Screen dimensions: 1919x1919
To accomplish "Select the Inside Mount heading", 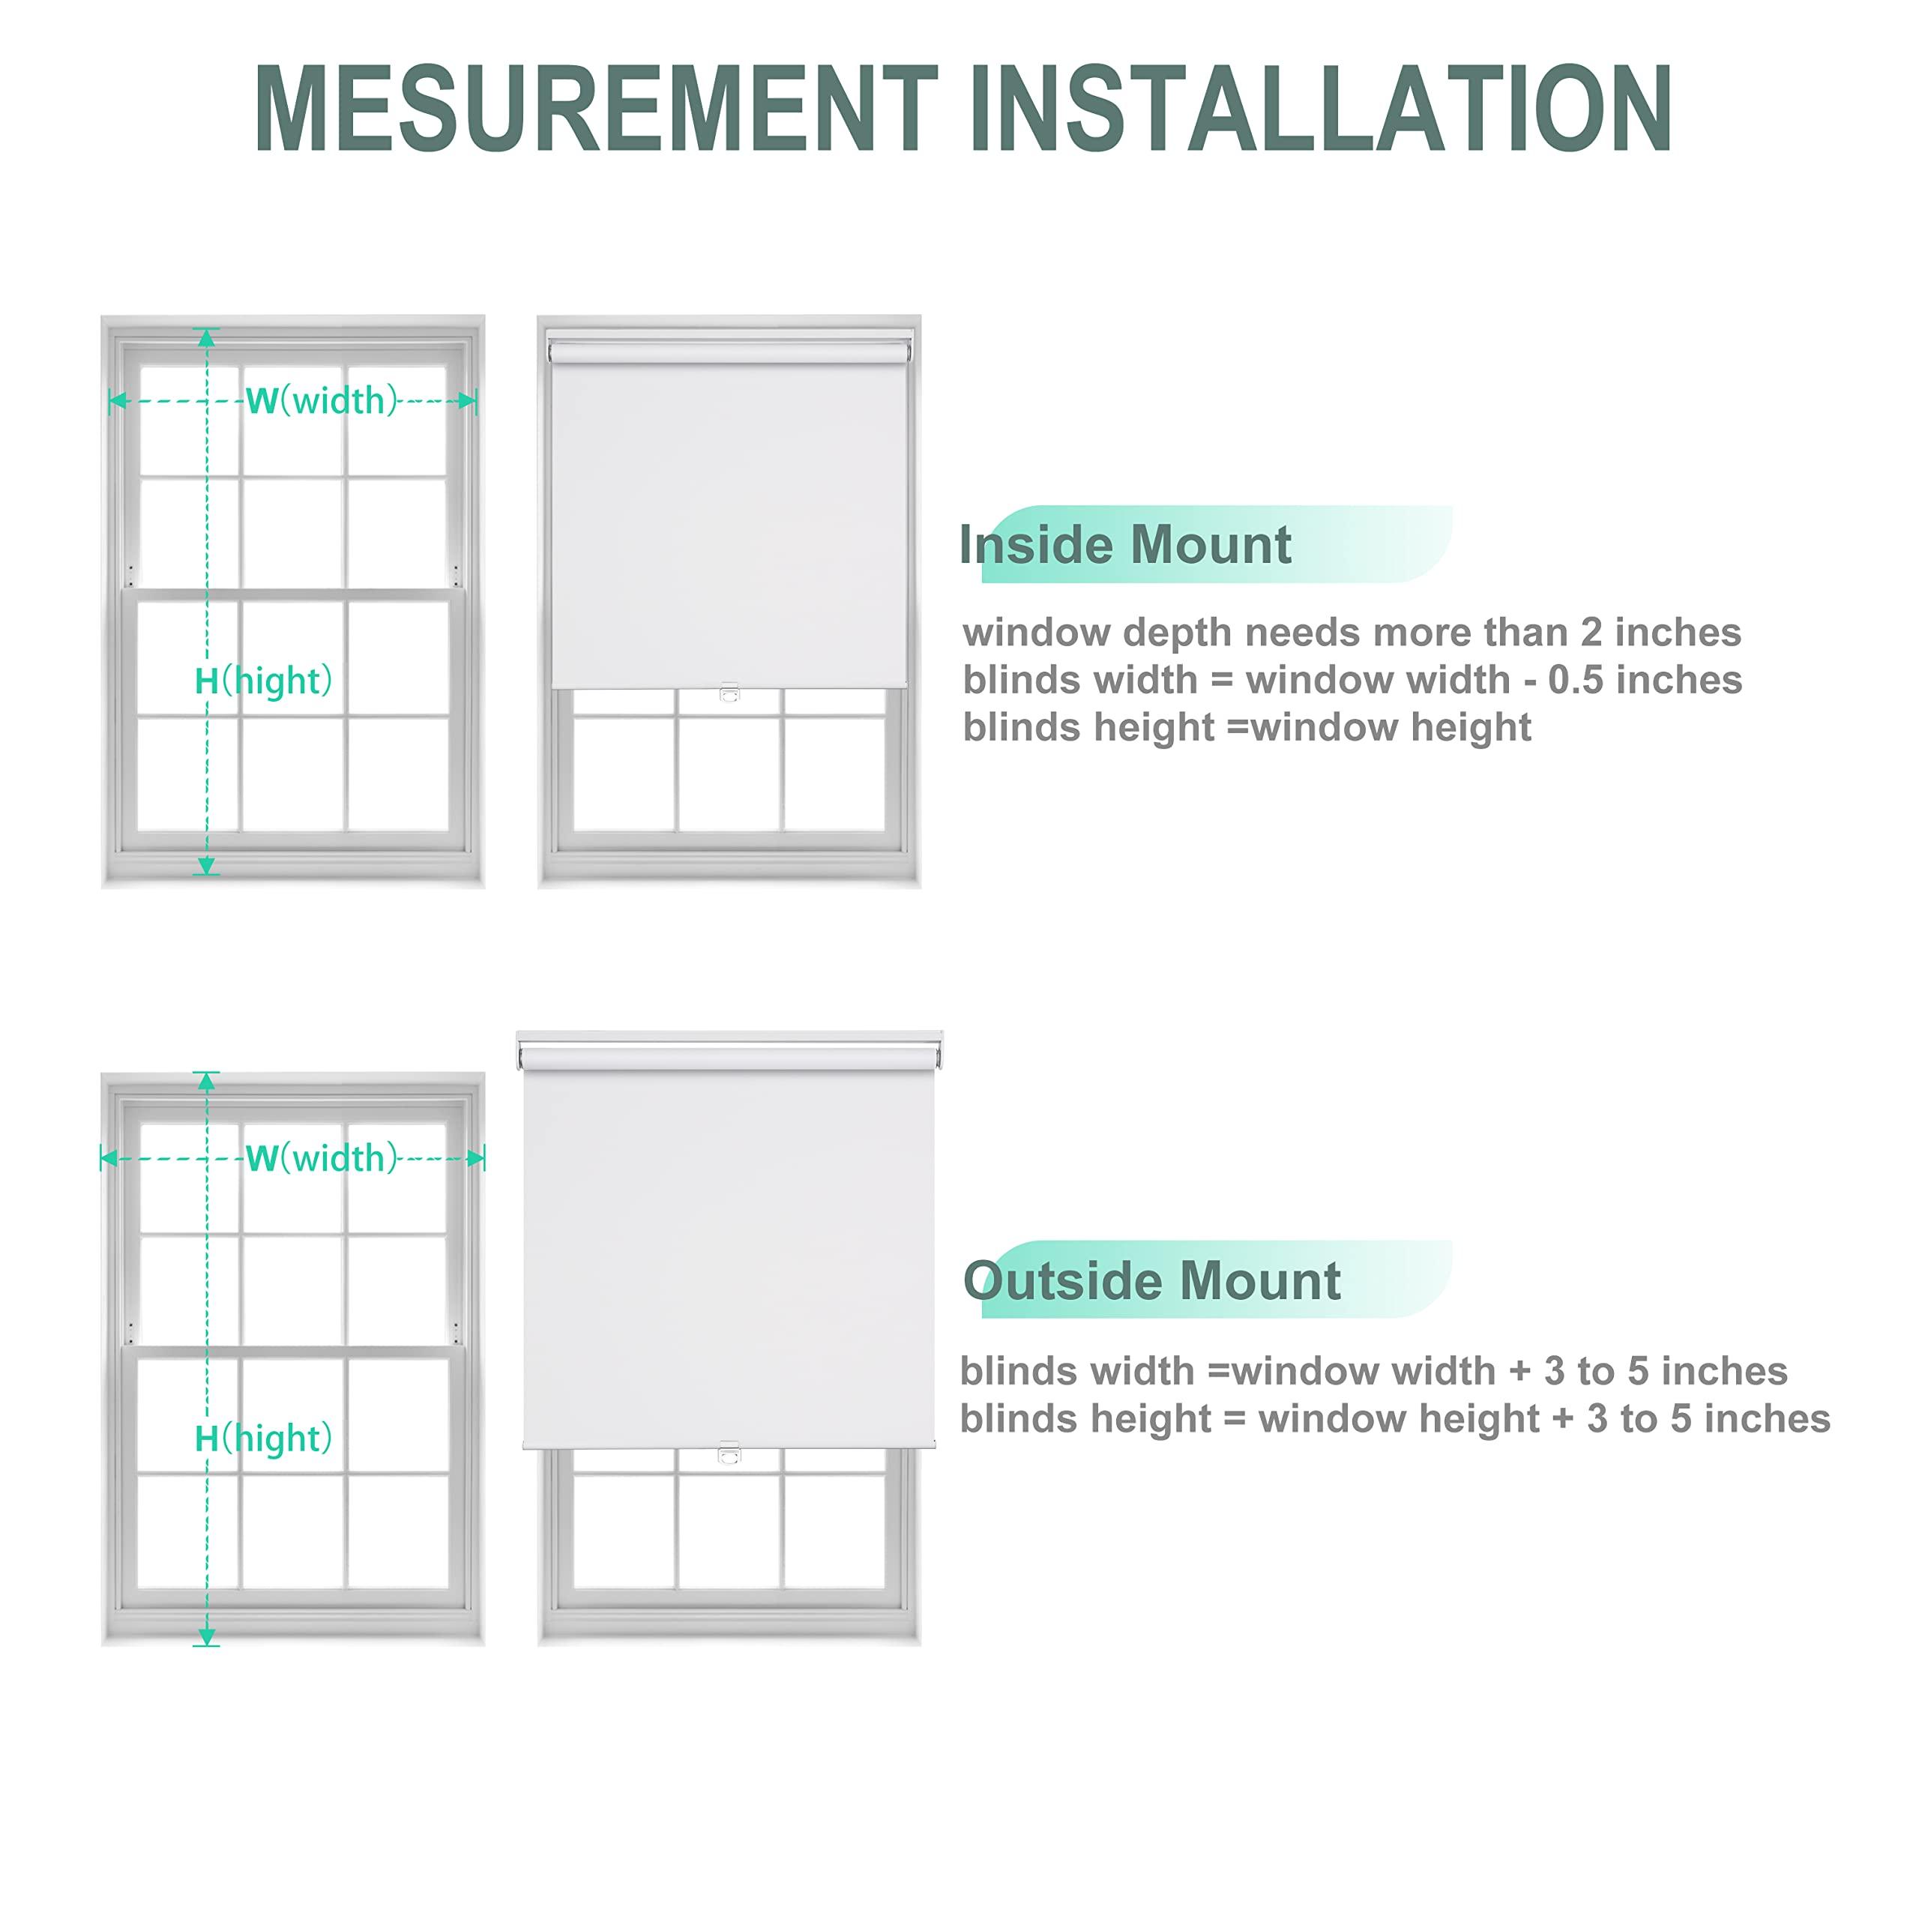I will click(x=1124, y=545).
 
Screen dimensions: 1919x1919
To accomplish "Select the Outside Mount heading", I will click(x=1151, y=1281).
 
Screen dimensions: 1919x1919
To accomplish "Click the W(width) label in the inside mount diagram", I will click(x=321, y=400).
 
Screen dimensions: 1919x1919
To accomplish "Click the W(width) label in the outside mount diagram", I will click(x=321, y=1158).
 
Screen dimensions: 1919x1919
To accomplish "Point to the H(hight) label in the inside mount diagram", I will click(x=263, y=681).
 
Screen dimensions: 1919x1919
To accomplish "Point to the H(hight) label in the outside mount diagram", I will click(x=263, y=1439).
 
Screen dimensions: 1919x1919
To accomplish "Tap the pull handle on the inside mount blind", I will click(x=729, y=693).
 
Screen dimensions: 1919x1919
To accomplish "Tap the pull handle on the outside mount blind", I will click(x=729, y=1454).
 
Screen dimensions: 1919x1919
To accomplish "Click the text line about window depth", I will click(x=1352, y=633).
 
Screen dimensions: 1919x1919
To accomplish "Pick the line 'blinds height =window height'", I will click(x=1247, y=728).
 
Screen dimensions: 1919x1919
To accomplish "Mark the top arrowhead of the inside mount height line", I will click(x=207, y=338).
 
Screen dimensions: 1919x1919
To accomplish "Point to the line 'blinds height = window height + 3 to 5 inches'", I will click(x=1394, y=1419).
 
